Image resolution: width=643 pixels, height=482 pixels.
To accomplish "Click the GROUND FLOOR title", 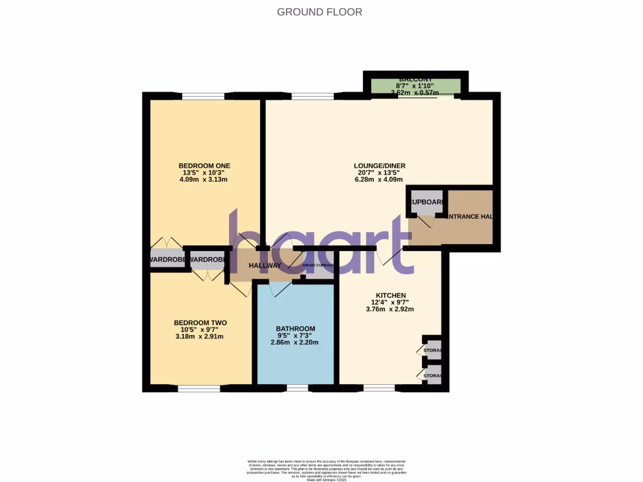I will (320, 12).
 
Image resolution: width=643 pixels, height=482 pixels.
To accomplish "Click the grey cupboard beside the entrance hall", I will (426, 202).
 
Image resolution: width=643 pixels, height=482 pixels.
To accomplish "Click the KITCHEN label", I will (391, 296).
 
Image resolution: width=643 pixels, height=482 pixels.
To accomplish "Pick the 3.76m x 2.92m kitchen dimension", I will (391, 309).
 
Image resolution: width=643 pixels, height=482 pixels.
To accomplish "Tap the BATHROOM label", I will (295, 329).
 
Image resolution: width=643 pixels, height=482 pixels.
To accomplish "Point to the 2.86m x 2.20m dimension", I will (295, 343).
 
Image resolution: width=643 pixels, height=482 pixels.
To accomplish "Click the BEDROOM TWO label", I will (200, 323).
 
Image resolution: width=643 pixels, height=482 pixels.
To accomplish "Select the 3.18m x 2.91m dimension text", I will (200, 336).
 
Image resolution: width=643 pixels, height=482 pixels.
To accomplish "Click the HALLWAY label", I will (265, 266).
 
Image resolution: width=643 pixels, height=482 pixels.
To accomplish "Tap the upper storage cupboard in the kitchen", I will (433, 350).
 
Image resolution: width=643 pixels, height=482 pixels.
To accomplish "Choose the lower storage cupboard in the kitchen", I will (433, 375).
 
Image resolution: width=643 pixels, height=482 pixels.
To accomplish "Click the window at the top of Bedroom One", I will (203, 96).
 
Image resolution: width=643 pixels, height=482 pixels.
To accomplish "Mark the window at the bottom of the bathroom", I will (298, 388).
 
